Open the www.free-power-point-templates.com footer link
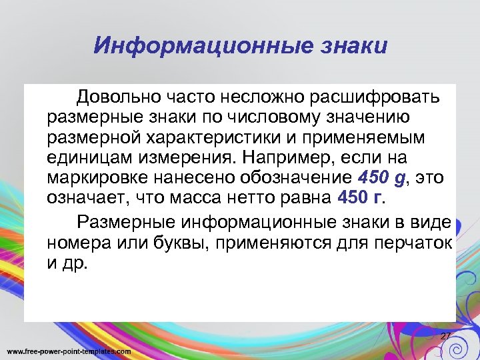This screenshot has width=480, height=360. [69, 351]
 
